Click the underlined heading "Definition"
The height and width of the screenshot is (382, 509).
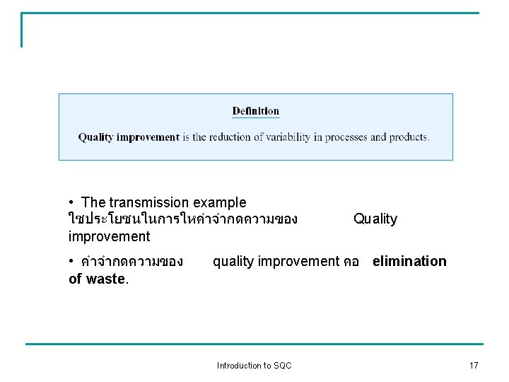[255, 111]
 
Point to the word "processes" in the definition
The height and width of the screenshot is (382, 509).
[344, 137]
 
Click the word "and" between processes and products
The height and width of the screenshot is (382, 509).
[378, 137]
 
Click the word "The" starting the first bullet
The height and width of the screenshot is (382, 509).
[93, 203]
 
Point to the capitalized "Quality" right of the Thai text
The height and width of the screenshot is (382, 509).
[375, 219]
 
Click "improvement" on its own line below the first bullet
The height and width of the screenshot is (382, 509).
[110, 236]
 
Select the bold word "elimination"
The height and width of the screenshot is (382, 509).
[409, 262]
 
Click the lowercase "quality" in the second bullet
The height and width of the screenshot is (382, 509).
[234, 262]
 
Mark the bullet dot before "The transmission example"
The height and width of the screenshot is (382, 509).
[72, 203]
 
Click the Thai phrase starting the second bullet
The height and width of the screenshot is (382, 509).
[132, 262]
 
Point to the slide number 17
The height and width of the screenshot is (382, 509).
[474, 366]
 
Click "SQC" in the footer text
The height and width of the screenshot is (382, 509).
[282, 366]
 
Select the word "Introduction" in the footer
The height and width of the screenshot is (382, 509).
[240, 366]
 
